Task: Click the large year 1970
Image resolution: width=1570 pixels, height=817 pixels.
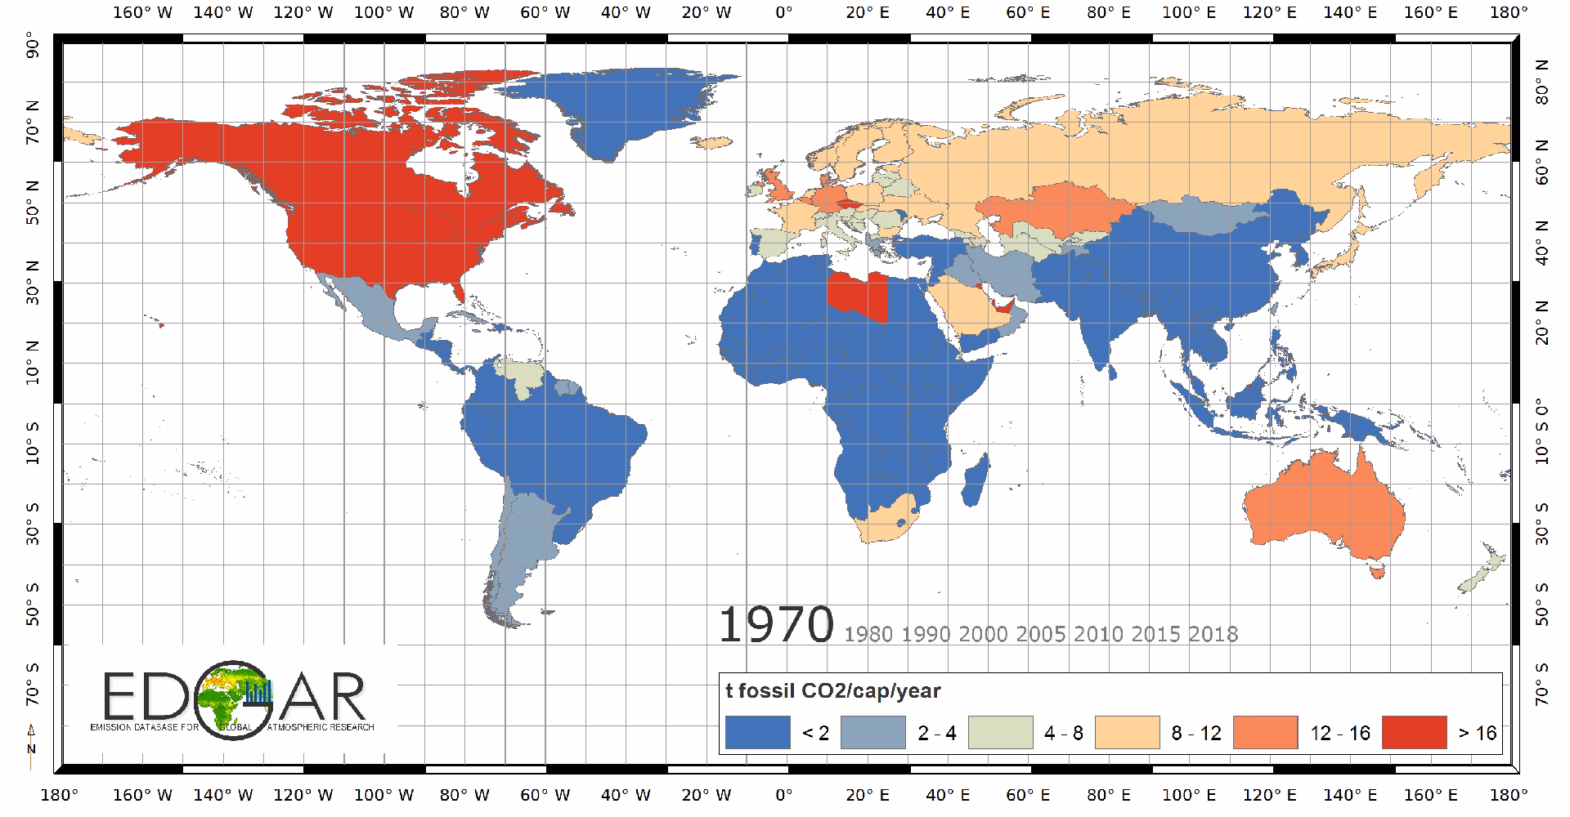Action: click(x=775, y=625)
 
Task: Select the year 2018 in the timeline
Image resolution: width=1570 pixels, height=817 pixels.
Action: click(x=1213, y=634)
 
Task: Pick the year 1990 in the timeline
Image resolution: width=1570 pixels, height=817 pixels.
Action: click(x=926, y=634)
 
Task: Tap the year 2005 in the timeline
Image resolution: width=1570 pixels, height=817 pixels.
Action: click(x=1042, y=634)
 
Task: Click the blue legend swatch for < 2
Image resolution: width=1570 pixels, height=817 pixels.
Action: click(x=758, y=732)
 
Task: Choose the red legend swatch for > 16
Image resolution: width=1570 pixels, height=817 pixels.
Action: click(x=1414, y=732)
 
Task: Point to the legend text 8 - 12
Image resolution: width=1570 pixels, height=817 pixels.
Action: click(x=1195, y=733)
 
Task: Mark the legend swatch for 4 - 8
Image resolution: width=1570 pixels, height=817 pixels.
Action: click(x=1000, y=732)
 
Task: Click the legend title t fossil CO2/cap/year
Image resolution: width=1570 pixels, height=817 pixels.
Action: click(x=834, y=691)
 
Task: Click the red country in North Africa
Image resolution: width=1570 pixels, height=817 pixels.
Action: click(x=857, y=296)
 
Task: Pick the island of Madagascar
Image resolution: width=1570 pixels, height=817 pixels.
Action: click(x=976, y=480)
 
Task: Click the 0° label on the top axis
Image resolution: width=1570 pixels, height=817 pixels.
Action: click(x=784, y=12)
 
